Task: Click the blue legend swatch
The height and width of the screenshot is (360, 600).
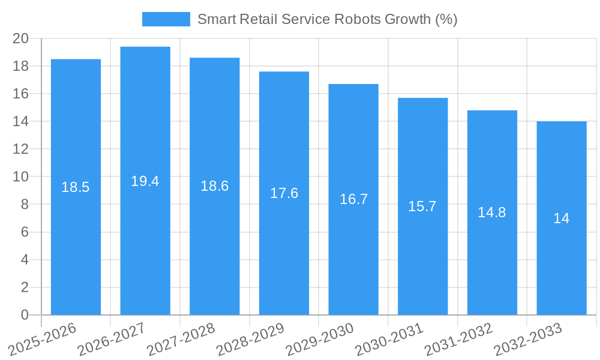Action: pyautogui.click(x=166, y=19)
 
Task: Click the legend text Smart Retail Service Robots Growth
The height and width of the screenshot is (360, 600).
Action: pyautogui.click(x=327, y=19)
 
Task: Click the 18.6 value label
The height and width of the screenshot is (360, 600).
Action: pyautogui.click(x=214, y=186)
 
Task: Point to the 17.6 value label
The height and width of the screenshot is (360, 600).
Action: pyautogui.click(x=284, y=193)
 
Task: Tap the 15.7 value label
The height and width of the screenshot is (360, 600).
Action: pyautogui.click(x=422, y=206)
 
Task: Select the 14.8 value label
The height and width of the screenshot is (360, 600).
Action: pyautogui.click(x=492, y=212)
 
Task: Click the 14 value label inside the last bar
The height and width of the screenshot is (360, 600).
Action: pyautogui.click(x=562, y=218)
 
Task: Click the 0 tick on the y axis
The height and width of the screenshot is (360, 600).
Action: pyautogui.click(x=25, y=315)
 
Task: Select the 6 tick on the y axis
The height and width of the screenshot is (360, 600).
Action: pyautogui.click(x=25, y=232)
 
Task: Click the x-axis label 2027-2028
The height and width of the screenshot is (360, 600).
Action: pyautogui.click(x=181, y=340)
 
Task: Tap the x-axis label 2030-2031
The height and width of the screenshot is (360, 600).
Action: pyautogui.click(x=389, y=340)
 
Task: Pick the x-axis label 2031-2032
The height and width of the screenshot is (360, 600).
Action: pyautogui.click(x=458, y=340)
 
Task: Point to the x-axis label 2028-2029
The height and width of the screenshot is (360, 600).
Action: pyautogui.click(x=250, y=340)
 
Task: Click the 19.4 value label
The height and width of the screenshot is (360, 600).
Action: pyautogui.click(x=145, y=181)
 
